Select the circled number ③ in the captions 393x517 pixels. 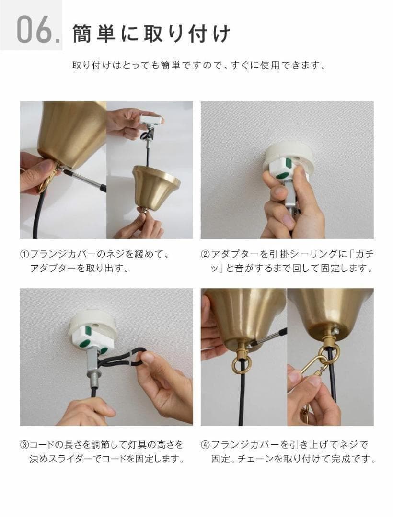(25, 445)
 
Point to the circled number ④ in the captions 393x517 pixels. (205, 445)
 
